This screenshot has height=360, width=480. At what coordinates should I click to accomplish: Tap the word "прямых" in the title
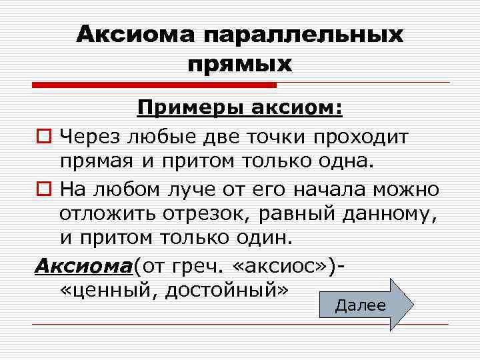(240, 65)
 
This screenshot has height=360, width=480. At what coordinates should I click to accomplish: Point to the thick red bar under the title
(154, 85)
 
